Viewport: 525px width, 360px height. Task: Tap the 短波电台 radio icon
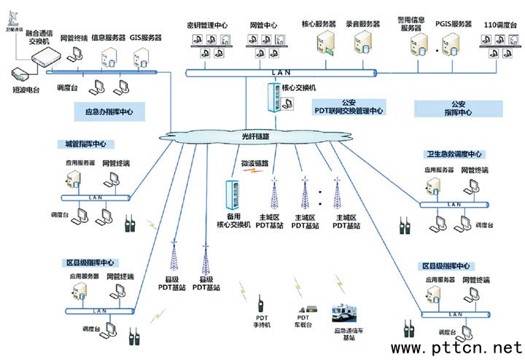(19, 74)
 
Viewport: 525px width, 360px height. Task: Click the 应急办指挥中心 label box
(109, 111)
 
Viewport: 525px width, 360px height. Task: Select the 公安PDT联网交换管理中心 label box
(349, 108)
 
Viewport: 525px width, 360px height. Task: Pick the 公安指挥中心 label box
(458, 109)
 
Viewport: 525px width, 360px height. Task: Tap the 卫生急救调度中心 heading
(455, 154)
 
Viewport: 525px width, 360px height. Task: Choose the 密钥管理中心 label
(208, 25)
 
